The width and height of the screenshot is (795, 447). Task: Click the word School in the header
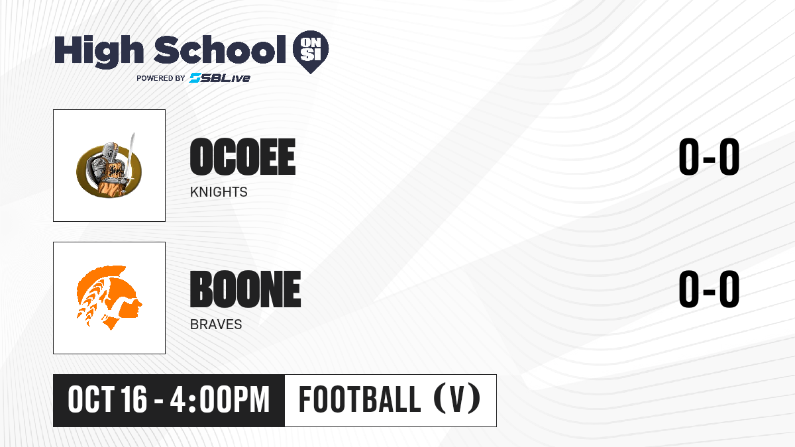point(220,50)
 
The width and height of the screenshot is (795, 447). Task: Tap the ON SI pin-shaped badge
point(311,52)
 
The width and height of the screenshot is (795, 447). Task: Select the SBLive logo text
point(220,77)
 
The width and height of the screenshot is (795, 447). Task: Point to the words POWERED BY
point(160,78)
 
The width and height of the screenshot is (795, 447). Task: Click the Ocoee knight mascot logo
point(109,167)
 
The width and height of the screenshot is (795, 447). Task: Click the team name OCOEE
point(242,157)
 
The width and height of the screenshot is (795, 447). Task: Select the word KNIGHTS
point(219,192)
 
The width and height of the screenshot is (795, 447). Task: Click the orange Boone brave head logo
point(109,298)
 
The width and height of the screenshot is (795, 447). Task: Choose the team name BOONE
point(246,289)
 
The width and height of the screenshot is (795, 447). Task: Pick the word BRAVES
point(216,324)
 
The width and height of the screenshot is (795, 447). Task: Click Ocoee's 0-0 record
point(709,157)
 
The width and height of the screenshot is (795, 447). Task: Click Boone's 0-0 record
point(709,289)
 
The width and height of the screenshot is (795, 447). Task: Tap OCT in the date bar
point(91,400)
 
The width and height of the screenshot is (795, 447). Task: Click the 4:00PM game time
point(220,400)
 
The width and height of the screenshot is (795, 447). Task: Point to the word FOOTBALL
point(360,399)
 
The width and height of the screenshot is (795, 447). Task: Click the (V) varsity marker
point(457,399)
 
